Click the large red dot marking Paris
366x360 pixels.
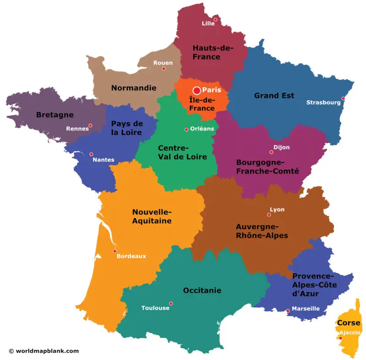click(x=197, y=91)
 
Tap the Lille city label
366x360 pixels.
click(x=208, y=24)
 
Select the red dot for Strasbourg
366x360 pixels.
click(x=343, y=98)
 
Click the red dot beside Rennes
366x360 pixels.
click(x=90, y=125)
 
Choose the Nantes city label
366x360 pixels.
click(x=103, y=160)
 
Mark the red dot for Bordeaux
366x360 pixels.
click(x=115, y=251)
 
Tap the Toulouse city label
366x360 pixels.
click(x=155, y=308)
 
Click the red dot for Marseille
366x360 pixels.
click(x=288, y=311)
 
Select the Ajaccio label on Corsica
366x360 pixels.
click(x=350, y=333)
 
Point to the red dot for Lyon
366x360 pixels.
click(x=269, y=215)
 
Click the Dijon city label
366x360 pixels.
click(x=281, y=147)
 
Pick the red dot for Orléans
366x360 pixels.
click(x=186, y=129)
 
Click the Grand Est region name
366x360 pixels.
click(x=274, y=96)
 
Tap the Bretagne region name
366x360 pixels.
click(x=55, y=115)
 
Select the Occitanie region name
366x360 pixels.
click(x=202, y=290)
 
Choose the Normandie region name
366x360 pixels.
click(x=134, y=88)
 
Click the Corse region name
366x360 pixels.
click(x=349, y=322)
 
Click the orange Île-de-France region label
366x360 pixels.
click(x=202, y=104)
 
